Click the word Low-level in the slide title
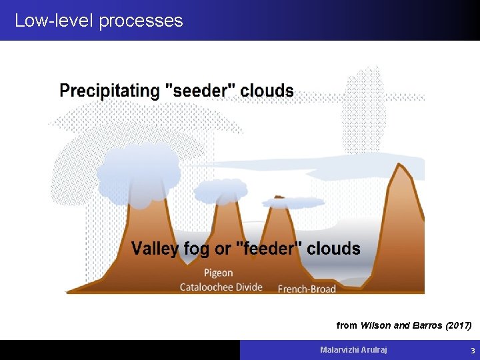pyautogui.click(x=54, y=21)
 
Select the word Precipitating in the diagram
pyautogui.click(x=109, y=91)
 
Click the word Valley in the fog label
pyautogui.click(x=155, y=249)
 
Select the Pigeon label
pyautogui.click(x=218, y=273)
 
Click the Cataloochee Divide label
pyautogui.click(x=221, y=287)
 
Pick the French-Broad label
pyautogui.click(x=307, y=289)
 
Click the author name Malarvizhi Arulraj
pyautogui.click(x=353, y=349)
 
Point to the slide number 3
pyautogui.click(x=473, y=350)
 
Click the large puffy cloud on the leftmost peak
pyautogui.click(x=139, y=175)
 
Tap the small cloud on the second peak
pyautogui.click(x=221, y=191)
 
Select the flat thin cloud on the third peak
pyautogui.click(x=293, y=203)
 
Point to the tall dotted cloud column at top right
pyautogui.click(x=364, y=110)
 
